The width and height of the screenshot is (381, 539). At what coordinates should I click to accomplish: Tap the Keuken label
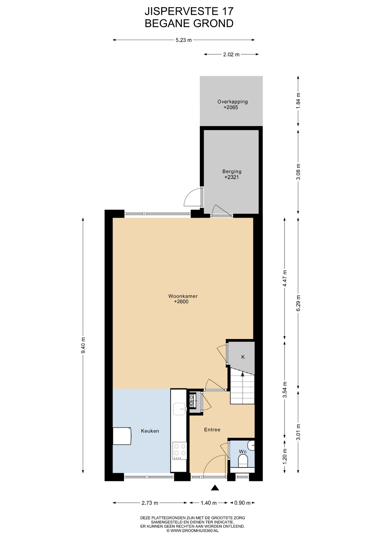pos(150,431)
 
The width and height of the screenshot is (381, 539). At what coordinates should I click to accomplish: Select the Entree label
pos(212,430)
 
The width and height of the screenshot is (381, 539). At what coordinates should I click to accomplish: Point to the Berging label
pos(232,171)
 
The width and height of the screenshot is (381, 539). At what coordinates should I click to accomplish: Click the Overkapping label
pos(233,102)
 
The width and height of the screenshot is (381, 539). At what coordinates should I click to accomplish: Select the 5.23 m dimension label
pos(184,40)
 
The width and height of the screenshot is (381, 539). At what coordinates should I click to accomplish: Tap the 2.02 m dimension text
pos(231,54)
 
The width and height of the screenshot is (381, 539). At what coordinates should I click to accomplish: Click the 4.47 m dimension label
pos(285,278)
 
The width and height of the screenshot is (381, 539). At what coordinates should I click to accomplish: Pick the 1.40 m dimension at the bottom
pos(208,503)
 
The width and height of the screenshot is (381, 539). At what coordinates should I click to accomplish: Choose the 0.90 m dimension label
pos(242,503)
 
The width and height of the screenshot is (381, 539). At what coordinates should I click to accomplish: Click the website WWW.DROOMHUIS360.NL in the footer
pos(192,531)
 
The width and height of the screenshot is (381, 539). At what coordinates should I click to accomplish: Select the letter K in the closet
pos(243,357)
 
